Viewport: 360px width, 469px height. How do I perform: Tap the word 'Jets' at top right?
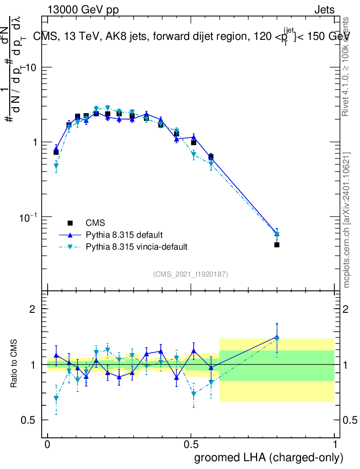(324, 10)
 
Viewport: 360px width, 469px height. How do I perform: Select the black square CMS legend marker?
(70, 223)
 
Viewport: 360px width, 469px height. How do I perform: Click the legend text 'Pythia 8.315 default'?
(124, 235)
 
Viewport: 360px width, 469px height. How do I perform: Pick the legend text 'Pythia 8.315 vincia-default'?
(136, 247)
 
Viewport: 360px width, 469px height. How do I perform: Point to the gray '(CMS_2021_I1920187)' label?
(191, 274)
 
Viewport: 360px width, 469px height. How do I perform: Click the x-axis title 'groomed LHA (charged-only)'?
(269, 458)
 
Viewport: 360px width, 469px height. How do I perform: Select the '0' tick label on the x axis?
(48, 444)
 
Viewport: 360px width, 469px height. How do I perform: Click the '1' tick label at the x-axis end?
(335, 444)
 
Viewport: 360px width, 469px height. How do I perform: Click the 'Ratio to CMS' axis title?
(15, 363)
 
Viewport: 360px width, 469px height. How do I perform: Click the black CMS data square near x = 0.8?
(277, 245)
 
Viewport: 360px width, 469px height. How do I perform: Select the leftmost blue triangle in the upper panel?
(56, 149)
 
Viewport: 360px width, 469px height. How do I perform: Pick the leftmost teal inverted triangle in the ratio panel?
(56, 398)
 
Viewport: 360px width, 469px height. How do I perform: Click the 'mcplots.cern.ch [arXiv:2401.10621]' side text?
(347, 220)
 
